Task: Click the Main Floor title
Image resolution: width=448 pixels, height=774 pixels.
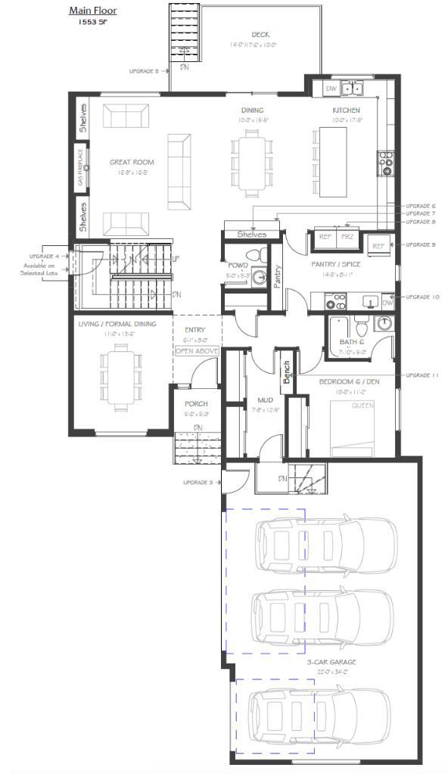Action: click(92, 11)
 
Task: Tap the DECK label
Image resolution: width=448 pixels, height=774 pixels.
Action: click(260, 34)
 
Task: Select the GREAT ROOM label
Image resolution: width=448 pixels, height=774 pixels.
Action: click(132, 162)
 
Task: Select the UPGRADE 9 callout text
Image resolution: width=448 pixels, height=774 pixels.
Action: click(422, 245)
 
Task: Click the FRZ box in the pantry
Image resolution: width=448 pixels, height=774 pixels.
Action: click(347, 237)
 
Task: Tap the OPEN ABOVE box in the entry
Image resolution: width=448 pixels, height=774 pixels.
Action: click(197, 351)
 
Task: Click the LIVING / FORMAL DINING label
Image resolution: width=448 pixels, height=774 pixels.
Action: click(117, 324)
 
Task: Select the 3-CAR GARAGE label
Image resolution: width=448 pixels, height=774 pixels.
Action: click(331, 662)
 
